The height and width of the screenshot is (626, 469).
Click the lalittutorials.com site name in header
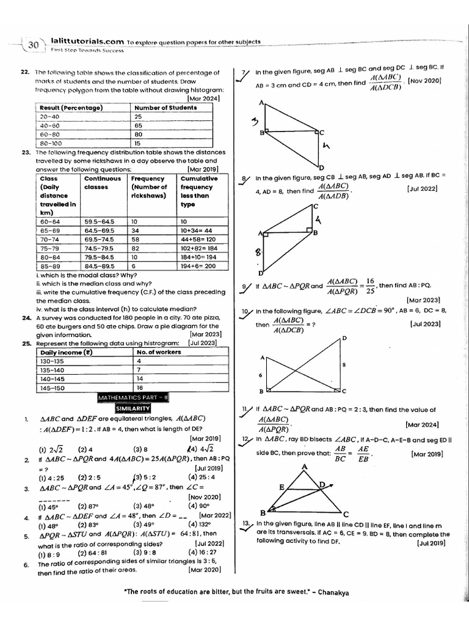(84, 42)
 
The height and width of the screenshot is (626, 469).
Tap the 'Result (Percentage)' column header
(71, 108)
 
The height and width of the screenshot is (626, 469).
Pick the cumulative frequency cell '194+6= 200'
(199, 266)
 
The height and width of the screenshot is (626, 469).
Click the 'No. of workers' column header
(158, 352)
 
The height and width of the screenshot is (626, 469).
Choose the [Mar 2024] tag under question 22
(203, 98)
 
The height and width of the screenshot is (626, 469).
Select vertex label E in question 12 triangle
(281, 487)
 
